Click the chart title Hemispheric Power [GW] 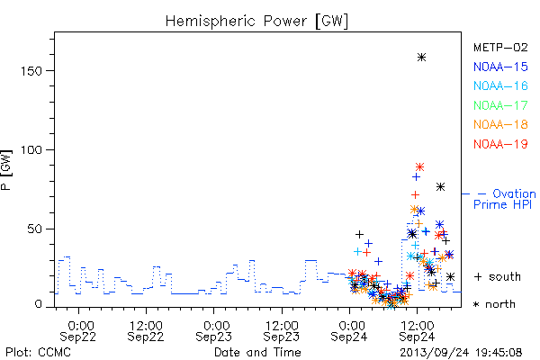pos(256,21)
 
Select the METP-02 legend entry pos(500,47)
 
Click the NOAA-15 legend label pos(500,67)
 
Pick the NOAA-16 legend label pos(500,85)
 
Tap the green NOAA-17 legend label pos(500,105)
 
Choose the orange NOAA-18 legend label pos(500,124)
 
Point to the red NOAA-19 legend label pos(500,144)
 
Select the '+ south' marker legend pos(498,276)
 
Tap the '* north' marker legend pos(494,304)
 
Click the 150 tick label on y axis pos(31,71)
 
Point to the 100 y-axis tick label pos(31,150)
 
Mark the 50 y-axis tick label pos(34,229)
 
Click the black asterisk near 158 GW pos(421,58)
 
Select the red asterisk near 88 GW pos(419,167)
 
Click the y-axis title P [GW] pos(6,170)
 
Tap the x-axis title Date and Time pos(257,352)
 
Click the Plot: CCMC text pos(38,352)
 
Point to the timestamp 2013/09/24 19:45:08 pos(461,353)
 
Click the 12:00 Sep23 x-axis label pos(282,331)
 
